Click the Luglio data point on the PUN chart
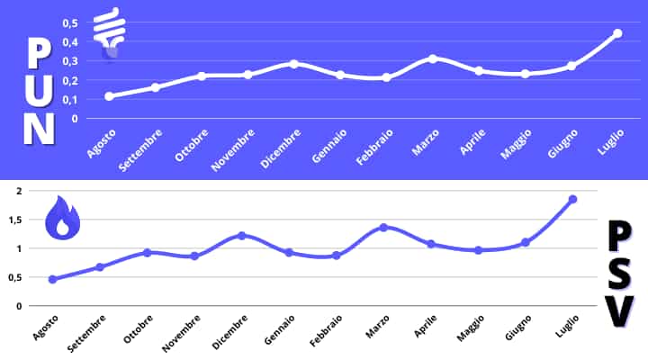[x=617, y=33]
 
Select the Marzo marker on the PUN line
[x=433, y=58]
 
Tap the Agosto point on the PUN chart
[x=109, y=96]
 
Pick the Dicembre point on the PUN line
[x=293, y=64]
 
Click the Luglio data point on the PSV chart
[x=572, y=199]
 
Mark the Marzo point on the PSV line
[x=383, y=227]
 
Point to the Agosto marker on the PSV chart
[x=52, y=279]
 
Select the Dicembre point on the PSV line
[x=241, y=235]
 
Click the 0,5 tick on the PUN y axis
[x=70, y=22]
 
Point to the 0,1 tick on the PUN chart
[x=70, y=99]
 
